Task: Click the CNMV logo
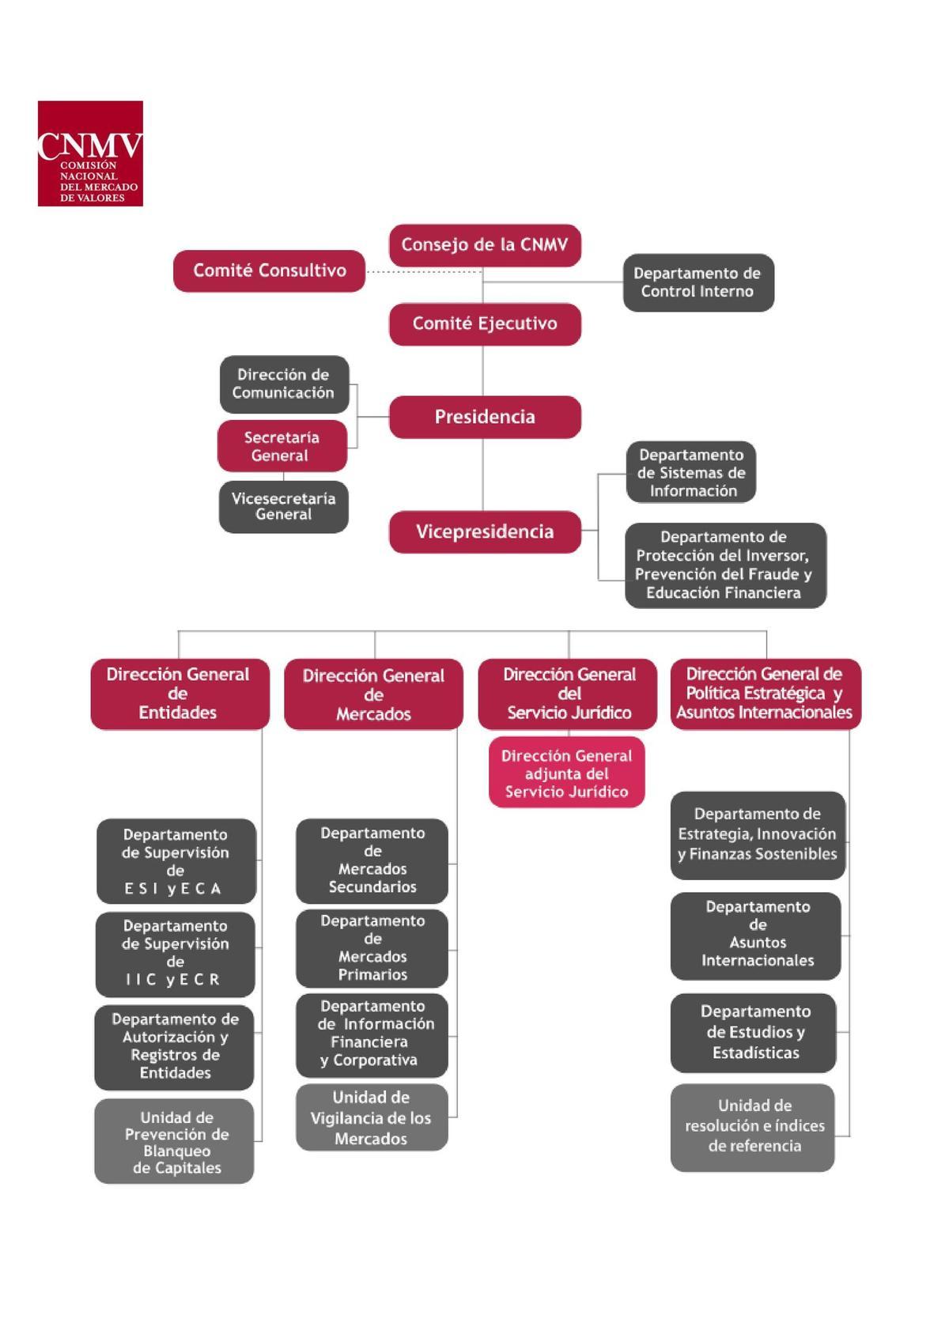pyautogui.click(x=90, y=153)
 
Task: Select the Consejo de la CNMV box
pyautogui.click(x=485, y=245)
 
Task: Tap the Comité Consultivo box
pyautogui.click(x=269, y=270)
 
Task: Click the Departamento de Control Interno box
pyautogui.click(x=698, y=282)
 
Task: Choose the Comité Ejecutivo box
pyautogui.click(x=485, y=323)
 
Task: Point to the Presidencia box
pyautogui.click(x=485, y=417)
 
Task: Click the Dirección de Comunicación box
pyautogui.click(x=284, y=384)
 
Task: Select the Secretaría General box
pyautogui.click(x=282, y=446)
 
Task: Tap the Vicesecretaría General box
pyautogui.click(x=283, y=506)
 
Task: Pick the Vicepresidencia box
pyautogui.click(x=485, y=531)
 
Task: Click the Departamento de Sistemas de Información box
pyautogui.click(x=691, y=473)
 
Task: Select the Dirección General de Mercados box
pyautogui.click(x=373, y=694)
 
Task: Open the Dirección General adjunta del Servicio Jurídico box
pyautogui.click(x=566, y=773)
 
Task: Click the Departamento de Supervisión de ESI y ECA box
pyautogui.click(x=176, y=861)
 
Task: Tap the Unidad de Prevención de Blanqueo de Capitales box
pyautogui.click(x=175, y=1141)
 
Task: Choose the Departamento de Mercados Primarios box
pyautogui.click(x=372, y=947)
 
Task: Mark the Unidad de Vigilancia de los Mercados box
pyautogui.click(x=371, y=1117)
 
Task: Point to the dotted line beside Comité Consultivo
pyautogui.click(x=422, y=271)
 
